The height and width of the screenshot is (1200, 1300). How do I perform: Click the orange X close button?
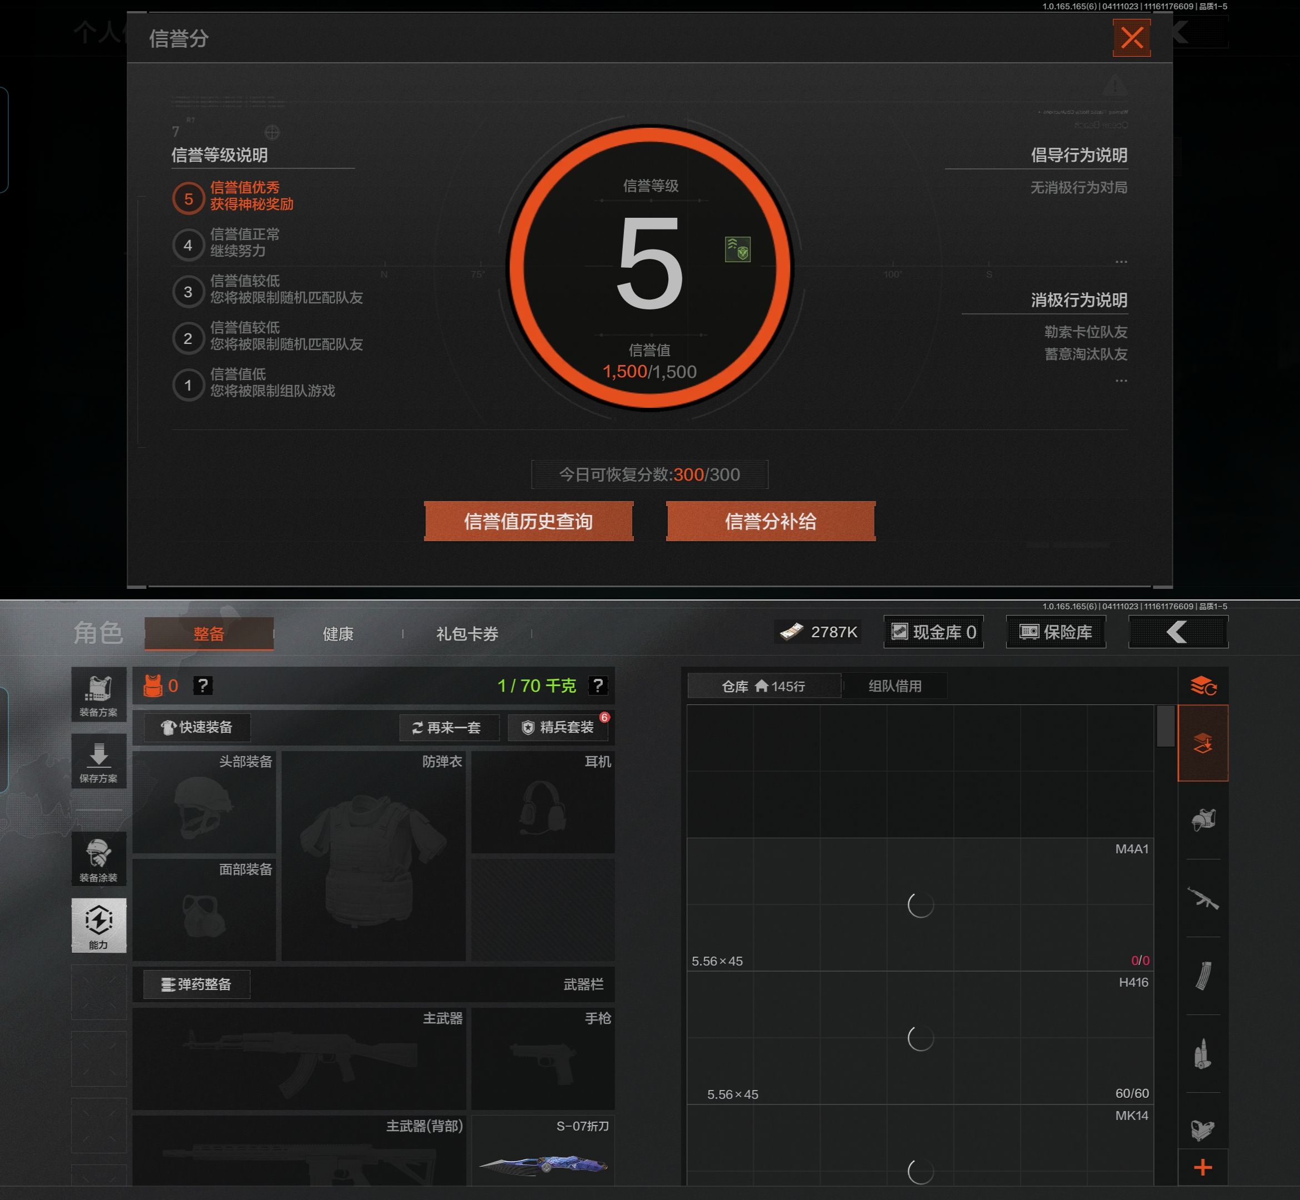(1131, 38)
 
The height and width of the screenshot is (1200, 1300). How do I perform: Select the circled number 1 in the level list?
(188, 385)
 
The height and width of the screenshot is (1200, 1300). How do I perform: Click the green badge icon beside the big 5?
(737, 249)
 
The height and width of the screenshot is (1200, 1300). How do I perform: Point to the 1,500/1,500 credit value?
(649, 372)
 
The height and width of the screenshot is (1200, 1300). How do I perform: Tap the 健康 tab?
(338, 634)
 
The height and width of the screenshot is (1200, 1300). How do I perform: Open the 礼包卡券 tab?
(467, 634)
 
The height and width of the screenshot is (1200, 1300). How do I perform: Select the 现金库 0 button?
(933, 632)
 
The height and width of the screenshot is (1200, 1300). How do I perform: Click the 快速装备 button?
(197, 727)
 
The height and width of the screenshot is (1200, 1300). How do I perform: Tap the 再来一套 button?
(448, 727)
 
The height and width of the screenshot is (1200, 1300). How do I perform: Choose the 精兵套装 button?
(558, 727)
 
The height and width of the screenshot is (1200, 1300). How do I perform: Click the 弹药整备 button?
(197, 984)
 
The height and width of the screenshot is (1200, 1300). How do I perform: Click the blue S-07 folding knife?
(543, 1164)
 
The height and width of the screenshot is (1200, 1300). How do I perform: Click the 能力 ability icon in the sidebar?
(99, 924)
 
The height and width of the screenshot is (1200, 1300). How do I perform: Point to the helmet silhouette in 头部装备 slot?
(203, 807)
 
